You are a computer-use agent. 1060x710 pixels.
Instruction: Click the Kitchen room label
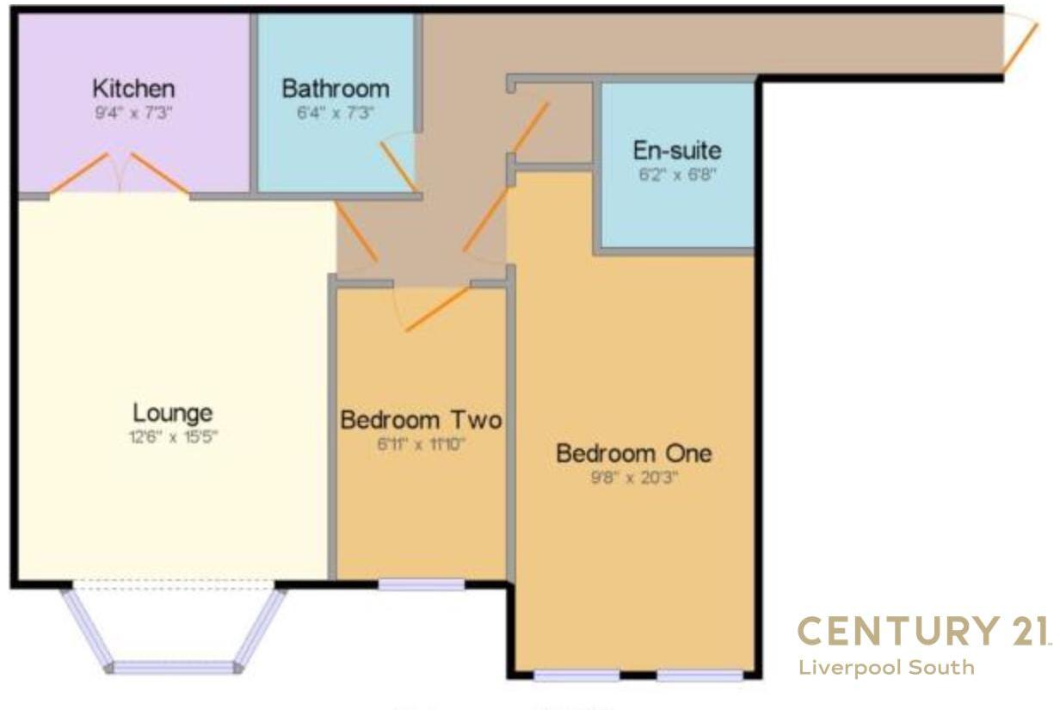click(133, 88)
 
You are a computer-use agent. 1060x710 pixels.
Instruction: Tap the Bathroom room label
click(336, 88)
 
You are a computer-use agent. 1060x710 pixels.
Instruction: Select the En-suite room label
click(677, 150)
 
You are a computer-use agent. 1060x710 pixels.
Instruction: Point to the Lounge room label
click(173, 412)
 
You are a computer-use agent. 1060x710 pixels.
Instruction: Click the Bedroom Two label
click(421, 421)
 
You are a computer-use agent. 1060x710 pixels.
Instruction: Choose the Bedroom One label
click(634, 453)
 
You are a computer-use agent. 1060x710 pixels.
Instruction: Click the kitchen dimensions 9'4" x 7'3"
click(133, 112)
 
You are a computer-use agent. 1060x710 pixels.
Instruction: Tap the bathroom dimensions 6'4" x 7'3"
click(336, 112)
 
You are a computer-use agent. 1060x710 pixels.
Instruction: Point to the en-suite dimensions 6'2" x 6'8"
click(676, 174)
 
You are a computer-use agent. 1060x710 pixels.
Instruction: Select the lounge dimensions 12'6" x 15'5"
click(173, 436)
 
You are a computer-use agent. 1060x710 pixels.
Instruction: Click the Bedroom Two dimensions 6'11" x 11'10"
click(421, 445)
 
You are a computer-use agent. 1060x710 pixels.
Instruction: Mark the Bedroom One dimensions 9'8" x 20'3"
click(634, 477)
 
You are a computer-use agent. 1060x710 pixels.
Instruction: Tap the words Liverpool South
click(886, 668)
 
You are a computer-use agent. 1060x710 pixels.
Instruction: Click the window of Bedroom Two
click(422, 585)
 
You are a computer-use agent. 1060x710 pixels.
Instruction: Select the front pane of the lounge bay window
click(174, 668)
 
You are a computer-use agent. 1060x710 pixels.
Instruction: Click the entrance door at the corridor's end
click(1020, 47)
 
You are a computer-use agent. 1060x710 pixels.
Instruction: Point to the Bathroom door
click(397, 164)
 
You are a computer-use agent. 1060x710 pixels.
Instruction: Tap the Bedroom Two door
click(437, 309)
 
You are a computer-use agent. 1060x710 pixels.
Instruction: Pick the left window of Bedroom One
click(576, 676)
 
